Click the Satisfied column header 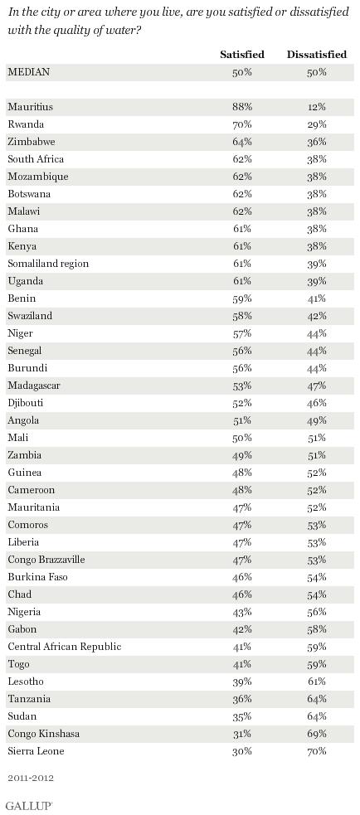tap(242, 55)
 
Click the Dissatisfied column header tap(316, 55)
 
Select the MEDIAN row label tap(28, 72)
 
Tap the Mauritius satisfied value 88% tap(242, 107)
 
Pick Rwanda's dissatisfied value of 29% tap(316, 124)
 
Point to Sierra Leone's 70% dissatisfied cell tap(316, 751)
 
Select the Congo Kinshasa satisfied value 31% tap(242, 734)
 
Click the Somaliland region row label tap(48, 264)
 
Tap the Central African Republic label tap(65, 647)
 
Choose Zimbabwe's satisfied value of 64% tap(242, 142)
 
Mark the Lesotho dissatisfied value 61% tap(316, 682)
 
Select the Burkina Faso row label tap(37, 577)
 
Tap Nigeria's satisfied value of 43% tap(242, 612)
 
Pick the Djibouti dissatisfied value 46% tap(316, 403)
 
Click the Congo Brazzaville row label tap(46, 560)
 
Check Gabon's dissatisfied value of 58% tap(316, 629)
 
